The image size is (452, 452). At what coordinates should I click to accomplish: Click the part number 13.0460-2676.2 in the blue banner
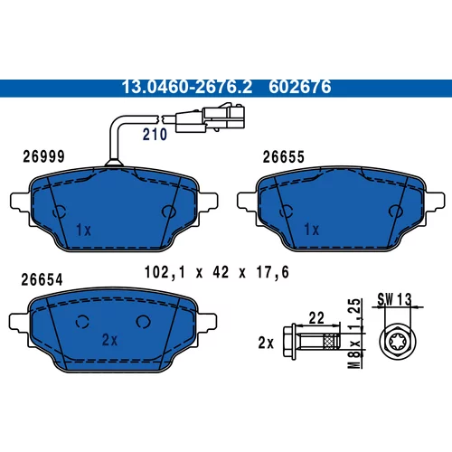(x=186, y=87)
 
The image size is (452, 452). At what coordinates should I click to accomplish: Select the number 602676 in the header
(x=300, y=87)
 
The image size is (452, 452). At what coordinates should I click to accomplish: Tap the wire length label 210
(x=155, y=135)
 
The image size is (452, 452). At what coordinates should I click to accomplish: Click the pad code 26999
(x=44, y=156)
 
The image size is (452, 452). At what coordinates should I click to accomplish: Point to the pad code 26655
(x=284, y=157)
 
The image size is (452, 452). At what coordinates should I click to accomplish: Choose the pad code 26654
(x=42, y=279)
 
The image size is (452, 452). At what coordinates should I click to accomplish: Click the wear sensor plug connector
(x=210, y=118)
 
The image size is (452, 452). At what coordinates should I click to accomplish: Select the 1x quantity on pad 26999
(x=83, y=231)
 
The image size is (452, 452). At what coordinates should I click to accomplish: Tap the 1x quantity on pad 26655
(x=312, y=230)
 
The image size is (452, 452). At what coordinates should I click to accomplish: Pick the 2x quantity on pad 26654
(x=109, y=340)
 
